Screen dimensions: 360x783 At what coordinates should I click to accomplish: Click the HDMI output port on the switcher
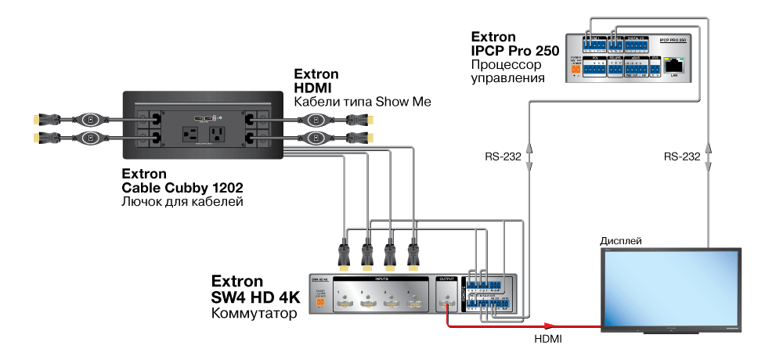tap(447, 301)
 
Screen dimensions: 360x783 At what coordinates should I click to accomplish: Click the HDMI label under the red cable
tap(547, 339)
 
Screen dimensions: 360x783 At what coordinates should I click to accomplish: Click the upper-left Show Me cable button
tap(91, 120)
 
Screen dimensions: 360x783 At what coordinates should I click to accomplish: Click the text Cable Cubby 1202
tap(182, 188)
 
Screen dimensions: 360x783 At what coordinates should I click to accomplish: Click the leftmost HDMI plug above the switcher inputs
tap(342, 254)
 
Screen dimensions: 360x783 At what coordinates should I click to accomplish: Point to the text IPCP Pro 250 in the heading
tap(513, 51)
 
